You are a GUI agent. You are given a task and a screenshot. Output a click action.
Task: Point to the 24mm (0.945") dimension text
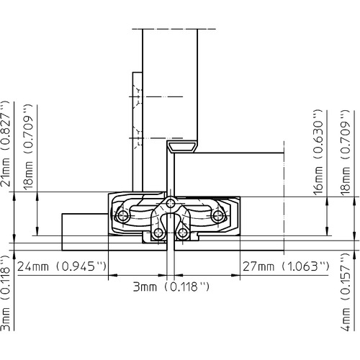pos(62,266)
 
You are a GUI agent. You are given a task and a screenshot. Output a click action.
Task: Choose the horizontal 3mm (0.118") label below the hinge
pos(171,287)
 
